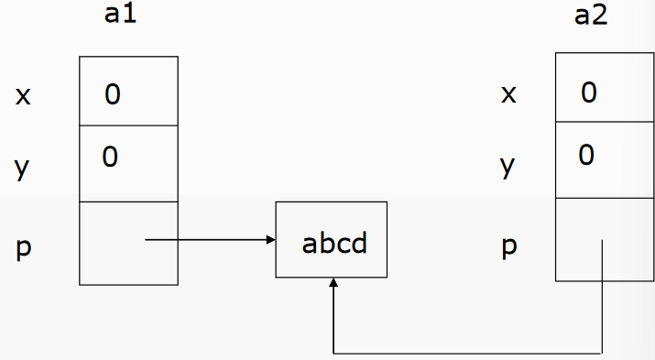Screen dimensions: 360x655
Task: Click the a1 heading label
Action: pyautogui.click(x=123, y=17)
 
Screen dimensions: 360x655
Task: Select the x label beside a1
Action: pyautogui.click(x=23, y=95)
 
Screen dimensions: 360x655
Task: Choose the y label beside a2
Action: pyautogui.click(x=508, y=167)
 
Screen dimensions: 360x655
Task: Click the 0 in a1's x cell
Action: pyautogui.click(x=112, y=93)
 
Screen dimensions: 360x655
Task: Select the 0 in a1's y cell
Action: pyautogui.click(x=110, y=158)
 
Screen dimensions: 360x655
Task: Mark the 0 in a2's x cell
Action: pyautogui.click(x=588, y=92)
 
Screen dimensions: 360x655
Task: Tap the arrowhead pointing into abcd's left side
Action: pyautogui.click(x=271, y=241)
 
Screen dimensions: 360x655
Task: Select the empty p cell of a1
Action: pyautogui.click(x=128, y=242)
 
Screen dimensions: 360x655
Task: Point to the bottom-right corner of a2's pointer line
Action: pyautogui.click(x=602, y=353)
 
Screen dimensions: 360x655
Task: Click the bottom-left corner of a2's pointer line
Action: pyautogui.click(x=333, y=353)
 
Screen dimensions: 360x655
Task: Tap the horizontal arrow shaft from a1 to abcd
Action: pyautogui.click(x=206, y=241)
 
